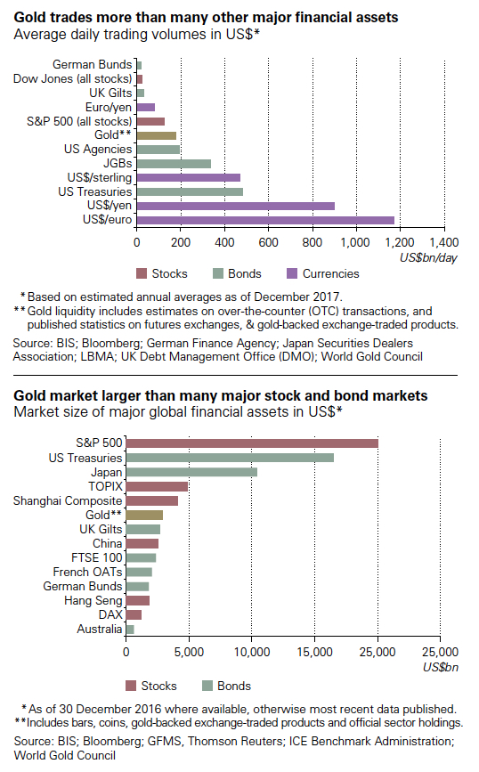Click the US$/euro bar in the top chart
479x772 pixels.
click(264, 220)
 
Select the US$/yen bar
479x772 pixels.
click(235, 206)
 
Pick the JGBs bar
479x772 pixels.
click(174, 163)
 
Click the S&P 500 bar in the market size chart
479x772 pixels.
click(252, 443)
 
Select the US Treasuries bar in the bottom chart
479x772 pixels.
click(230, 457)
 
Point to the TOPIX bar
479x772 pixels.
click(157, 486)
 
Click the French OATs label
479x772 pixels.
click(86, 572)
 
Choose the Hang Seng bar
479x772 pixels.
click(137, 601)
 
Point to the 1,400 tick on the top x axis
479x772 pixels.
click(443, 242)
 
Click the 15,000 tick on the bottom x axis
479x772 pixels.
click(315, 652)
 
